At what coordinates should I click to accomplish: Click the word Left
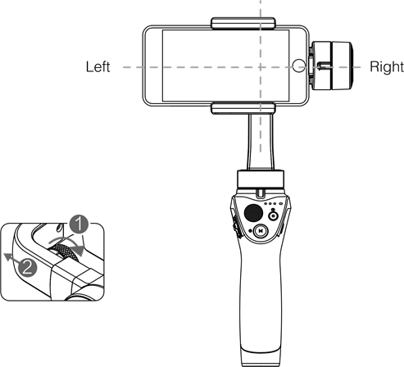(98, 67)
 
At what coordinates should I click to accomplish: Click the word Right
(387, 67)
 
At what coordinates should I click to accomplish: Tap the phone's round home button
(299, 66)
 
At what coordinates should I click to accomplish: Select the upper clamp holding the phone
(243, 23)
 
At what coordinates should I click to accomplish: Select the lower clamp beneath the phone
(243, 108)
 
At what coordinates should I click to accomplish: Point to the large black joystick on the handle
(253, 213)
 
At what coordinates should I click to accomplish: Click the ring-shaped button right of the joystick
(273, 216)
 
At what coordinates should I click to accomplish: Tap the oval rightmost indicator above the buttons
(280, 204)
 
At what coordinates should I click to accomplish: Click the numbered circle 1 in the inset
(79, 224)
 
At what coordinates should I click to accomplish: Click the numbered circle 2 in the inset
(28, 268)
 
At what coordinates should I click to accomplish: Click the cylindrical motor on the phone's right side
(332, 66)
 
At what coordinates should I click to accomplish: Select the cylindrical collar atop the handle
(261, 179)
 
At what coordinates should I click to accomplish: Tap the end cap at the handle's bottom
(261, 357)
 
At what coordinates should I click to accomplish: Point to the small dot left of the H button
(251, 231)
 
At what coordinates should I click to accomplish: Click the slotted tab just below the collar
(261, 193)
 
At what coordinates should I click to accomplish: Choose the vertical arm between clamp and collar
(261, 142)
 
